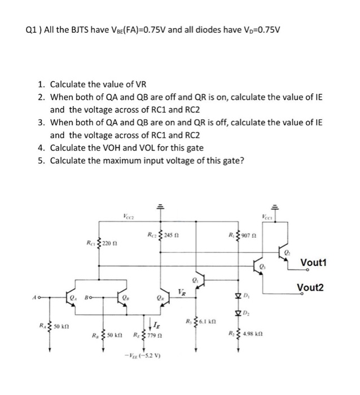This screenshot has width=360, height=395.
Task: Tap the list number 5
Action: coord(41,160)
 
